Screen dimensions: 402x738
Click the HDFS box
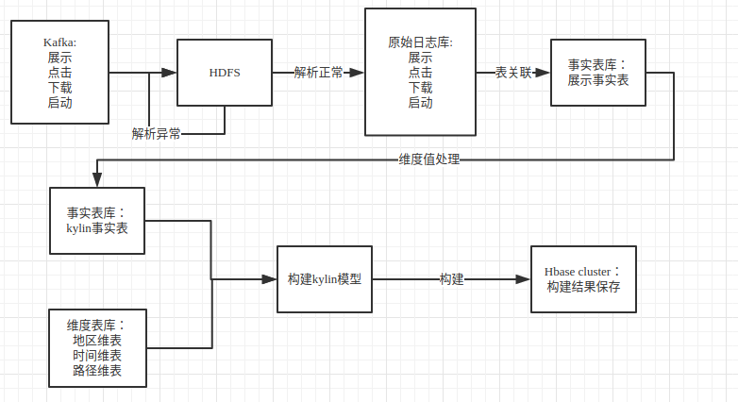(225, 73)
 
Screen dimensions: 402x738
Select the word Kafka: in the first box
(59, 42)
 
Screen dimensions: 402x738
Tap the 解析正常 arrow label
(318, 73)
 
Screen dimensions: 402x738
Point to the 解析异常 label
(157, 134)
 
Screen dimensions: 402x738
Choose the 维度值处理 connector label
(428, 159)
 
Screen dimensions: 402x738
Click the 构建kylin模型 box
(325, 280)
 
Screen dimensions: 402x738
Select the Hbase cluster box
(583, 279)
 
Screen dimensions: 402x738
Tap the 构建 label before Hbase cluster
(451, 280)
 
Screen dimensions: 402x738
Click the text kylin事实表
(97, 228)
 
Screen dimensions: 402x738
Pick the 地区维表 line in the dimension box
(97, 340)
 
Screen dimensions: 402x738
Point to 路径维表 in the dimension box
(97, 371)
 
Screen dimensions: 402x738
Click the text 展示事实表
(598, 80)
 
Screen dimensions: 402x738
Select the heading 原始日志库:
(421, 42)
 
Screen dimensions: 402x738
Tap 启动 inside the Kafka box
(59, 103)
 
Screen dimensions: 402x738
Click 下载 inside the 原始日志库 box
(421, 88)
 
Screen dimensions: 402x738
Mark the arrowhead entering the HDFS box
(171, 73)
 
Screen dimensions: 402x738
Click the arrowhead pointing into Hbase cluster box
(524, 280)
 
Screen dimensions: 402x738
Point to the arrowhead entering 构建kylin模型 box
(270, 280)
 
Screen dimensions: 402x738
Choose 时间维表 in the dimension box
(97, 356)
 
